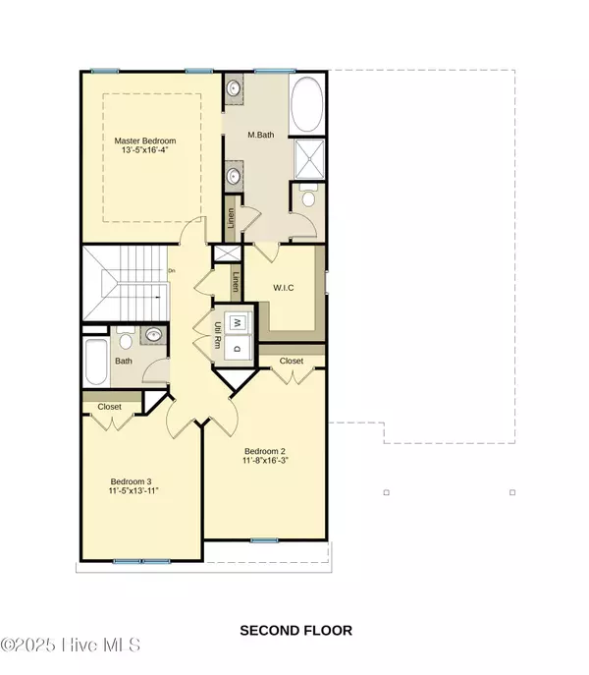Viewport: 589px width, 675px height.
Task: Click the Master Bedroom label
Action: [x=145, y=141]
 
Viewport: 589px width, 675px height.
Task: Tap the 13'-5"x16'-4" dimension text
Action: [x=144, y=150]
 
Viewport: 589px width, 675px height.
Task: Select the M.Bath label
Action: [x=261, y=135]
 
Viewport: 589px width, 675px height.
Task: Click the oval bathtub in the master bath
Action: [x=306, y=104]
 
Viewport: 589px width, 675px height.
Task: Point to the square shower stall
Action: [x=309, y=159]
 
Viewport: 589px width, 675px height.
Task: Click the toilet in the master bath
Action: [x=308, y=196]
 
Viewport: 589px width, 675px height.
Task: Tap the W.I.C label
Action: [x=284, y=288]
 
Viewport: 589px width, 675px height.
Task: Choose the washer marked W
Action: [x=238, y=322]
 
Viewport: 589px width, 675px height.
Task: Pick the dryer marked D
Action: [x=237, y=348]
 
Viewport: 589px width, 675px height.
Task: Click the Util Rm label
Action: [x=218, y=335]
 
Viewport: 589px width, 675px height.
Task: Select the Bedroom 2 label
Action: [x=265, y=451]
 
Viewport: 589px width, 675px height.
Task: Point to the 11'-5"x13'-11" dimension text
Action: [x=134, y=490]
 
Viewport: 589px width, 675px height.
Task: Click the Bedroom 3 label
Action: [x=131, y=481]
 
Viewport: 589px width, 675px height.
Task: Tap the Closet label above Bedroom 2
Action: [x=292, y=361]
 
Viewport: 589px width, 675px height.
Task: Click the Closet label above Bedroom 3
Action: [x=109, y=407]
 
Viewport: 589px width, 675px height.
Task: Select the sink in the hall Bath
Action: [x=153, y=334]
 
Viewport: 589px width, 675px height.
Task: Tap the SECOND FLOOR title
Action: [x=296, y=631]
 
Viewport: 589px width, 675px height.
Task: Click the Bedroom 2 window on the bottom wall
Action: [x=264, y=540]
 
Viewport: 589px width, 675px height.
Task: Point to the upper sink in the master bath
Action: [x=234, y=88]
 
